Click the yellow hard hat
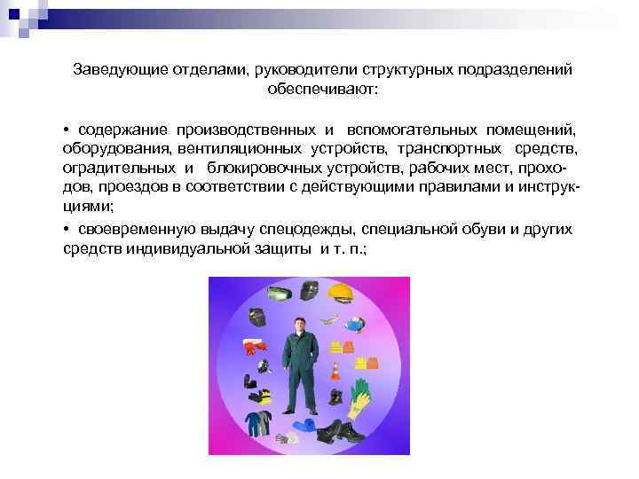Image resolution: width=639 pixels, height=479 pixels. [x=343, y=292]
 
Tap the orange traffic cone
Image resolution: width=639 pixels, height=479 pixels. [x=335, y=369]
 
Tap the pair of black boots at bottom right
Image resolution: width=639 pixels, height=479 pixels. [x=341, y=431]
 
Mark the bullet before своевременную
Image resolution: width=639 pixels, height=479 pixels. [x=67, y=229]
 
